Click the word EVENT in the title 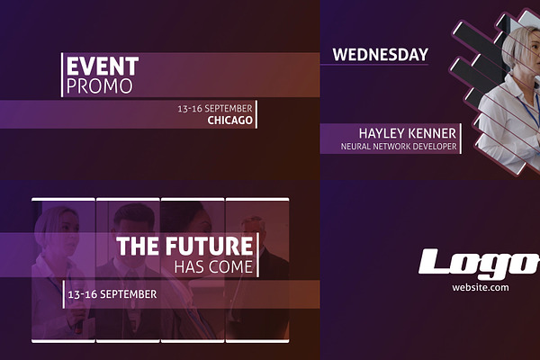[x=103, y=66]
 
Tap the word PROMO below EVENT [x=100, y=86]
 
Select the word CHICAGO [x=229, y=121]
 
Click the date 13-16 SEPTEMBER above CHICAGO [x=215, y=109]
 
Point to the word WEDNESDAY [x=380, y=55]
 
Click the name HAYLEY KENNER [x=408, y=134]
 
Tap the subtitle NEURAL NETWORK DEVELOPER [x=399, y=147]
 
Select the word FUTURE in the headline [x=209, y=246]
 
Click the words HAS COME [x=213, y=267]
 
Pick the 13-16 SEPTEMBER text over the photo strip [x=112, y=294]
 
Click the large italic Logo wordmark [x=479, y=264]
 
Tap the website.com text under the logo [x=480, y=287]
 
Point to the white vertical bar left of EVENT [x=62, y=75]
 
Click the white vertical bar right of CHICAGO [x=256, y=114]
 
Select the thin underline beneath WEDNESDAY [x=374, y=64]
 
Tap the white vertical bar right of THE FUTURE [x=257, y=255]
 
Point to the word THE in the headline [x=138, y=246]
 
